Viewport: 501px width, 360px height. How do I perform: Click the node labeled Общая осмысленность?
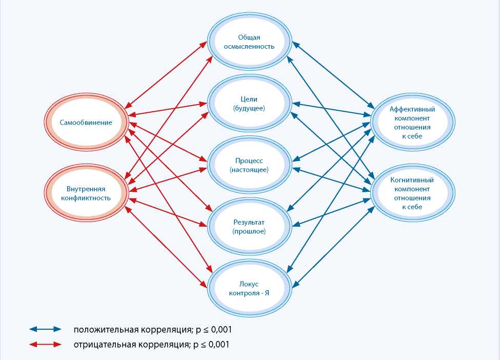(249, 42)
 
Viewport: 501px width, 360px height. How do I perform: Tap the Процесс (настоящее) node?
(249, 165)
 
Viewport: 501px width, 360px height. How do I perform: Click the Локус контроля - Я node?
(249, 287)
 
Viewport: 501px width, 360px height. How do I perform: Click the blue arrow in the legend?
(45, 329)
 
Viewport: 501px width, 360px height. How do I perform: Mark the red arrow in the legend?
(45, 344)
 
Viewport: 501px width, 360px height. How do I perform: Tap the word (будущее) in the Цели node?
(249, 108)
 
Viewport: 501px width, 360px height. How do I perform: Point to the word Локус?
(249, 283)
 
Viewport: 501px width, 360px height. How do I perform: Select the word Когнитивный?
(412, 180)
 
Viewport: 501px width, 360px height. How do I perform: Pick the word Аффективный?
(412, 109)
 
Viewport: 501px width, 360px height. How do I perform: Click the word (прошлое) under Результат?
(249, 232)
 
